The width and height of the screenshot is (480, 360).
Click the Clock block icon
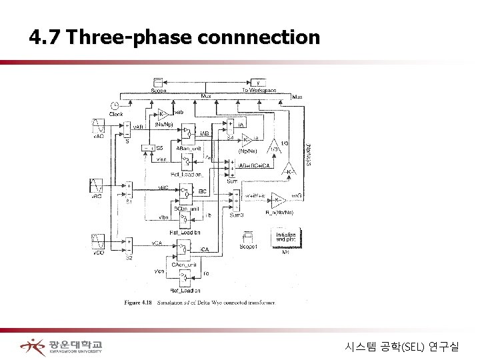coord(115,105)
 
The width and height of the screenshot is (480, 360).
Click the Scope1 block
coord(249,236)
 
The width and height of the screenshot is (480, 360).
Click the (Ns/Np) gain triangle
coord(163,114)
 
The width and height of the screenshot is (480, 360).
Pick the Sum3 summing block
coord(234,197)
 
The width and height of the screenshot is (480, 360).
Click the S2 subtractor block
coord(129,245)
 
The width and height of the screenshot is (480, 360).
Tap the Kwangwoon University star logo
coord(32,346)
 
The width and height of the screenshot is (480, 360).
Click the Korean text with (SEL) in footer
coord(407,346)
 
